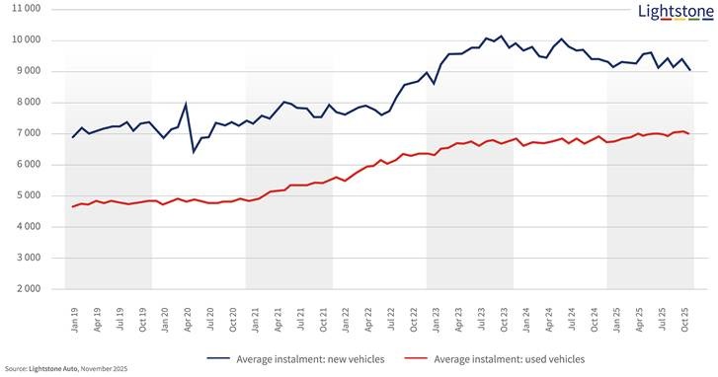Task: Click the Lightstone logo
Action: (x=676, y=13)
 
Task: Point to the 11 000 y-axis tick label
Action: (x=26, y=9)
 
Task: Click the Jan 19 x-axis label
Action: (x=75, y=320)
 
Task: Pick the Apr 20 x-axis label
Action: (x=188, y=320)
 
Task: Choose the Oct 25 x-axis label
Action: (x=685, y=319)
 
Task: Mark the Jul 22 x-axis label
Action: (x=391, y=320)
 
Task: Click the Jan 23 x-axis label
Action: (x=437, y=320)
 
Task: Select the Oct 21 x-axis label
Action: (x=323, y=319)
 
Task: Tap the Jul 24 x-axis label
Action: (x=572, y=320)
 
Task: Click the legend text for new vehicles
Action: (x=310, y=359)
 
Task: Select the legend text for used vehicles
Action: (x=510, y=359)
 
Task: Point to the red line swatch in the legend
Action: (x=416, y=359)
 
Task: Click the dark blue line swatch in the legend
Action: (x=218, y=359)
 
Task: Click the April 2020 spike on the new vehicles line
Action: (x=186, y=104)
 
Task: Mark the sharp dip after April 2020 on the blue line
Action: (x=194, y=151)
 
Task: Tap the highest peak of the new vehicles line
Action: (x=501, y=36)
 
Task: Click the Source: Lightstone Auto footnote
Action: (x=66, y=369)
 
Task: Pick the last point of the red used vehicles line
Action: (x=688, y=133)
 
